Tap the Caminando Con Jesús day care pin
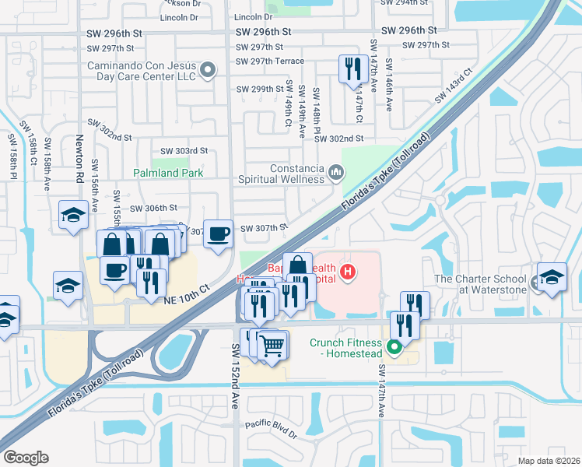[x=208, y=72]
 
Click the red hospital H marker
[x=349, y=272]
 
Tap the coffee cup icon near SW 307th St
[x=219, y=232]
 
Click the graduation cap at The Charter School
[x=552, y=277]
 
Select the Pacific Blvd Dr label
[x=271, y=427]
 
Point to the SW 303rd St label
[x=184, y=151]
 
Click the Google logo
[x=26, y=458]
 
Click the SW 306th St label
[x=154, y=208]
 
